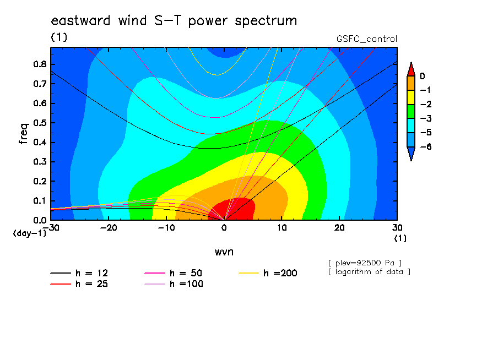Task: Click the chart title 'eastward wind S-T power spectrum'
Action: pyautogui.click(x=174, y=21)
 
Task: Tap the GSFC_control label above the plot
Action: pyautogui.click(x=367, y=39)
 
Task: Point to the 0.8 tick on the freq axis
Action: pyautogui.click(x=40, y=64)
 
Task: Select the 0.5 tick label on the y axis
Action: pyautogui.click(x=40, y=123)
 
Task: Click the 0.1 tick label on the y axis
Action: pyautogui.click(x=40, y=201)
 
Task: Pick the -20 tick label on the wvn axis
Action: pyautogui.click(x=109, y=228)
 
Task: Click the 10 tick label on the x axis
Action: pyautogui.click(x=282, y=228)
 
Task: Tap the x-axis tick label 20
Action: pyautogui.click(x=339, y=228)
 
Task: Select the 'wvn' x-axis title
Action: pyautogui.click(x=224, y=252)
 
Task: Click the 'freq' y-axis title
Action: pyautogui.click(x=24, y=134)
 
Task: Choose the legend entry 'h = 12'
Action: pyautogui.click(x=79, y=273)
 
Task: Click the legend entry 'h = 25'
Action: pyautogui.click(x=79, y=283)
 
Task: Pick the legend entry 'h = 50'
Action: pyautogui.click(x=174, y=273)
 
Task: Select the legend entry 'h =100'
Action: pyautogui.click(x=174, y=283)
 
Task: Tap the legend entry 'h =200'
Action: pyautogui.click(x=268, y=273)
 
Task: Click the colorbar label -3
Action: pyautogui.click(x=426, y=118)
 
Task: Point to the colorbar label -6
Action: pyautogui.click(x=426, y=146)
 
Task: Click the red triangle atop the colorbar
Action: pyautogui.click(x=411, y=69)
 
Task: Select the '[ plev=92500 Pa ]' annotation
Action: pyautogui.click(x=365, y=263)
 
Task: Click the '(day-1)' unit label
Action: pyautogui.click(x=29, y=233)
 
